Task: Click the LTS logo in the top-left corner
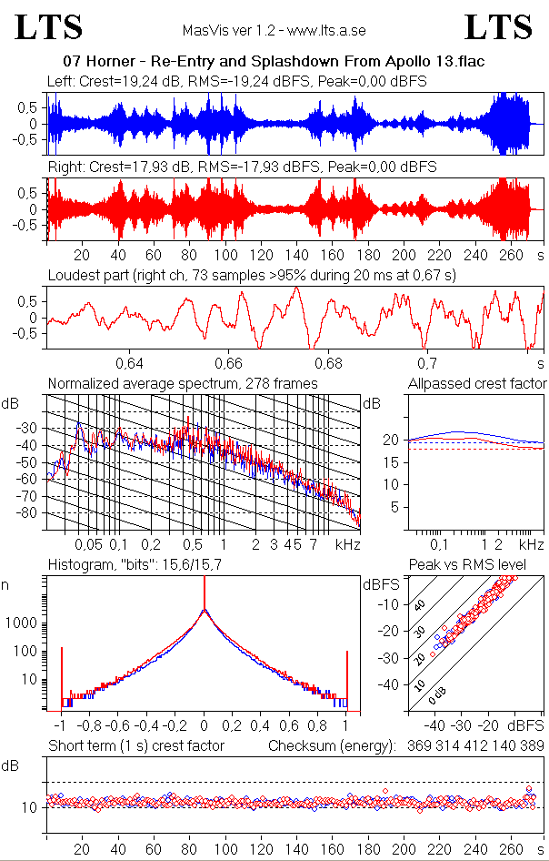(x=48, y=27)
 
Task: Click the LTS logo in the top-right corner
(x=498, y=27)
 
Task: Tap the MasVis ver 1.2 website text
(x=274, y=31)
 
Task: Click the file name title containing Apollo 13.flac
(x=274, y=62)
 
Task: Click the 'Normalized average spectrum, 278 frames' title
(x=183, y=383)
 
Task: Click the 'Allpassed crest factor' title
(x=476, y=383)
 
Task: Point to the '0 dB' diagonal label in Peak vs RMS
(x=437, y=695)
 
